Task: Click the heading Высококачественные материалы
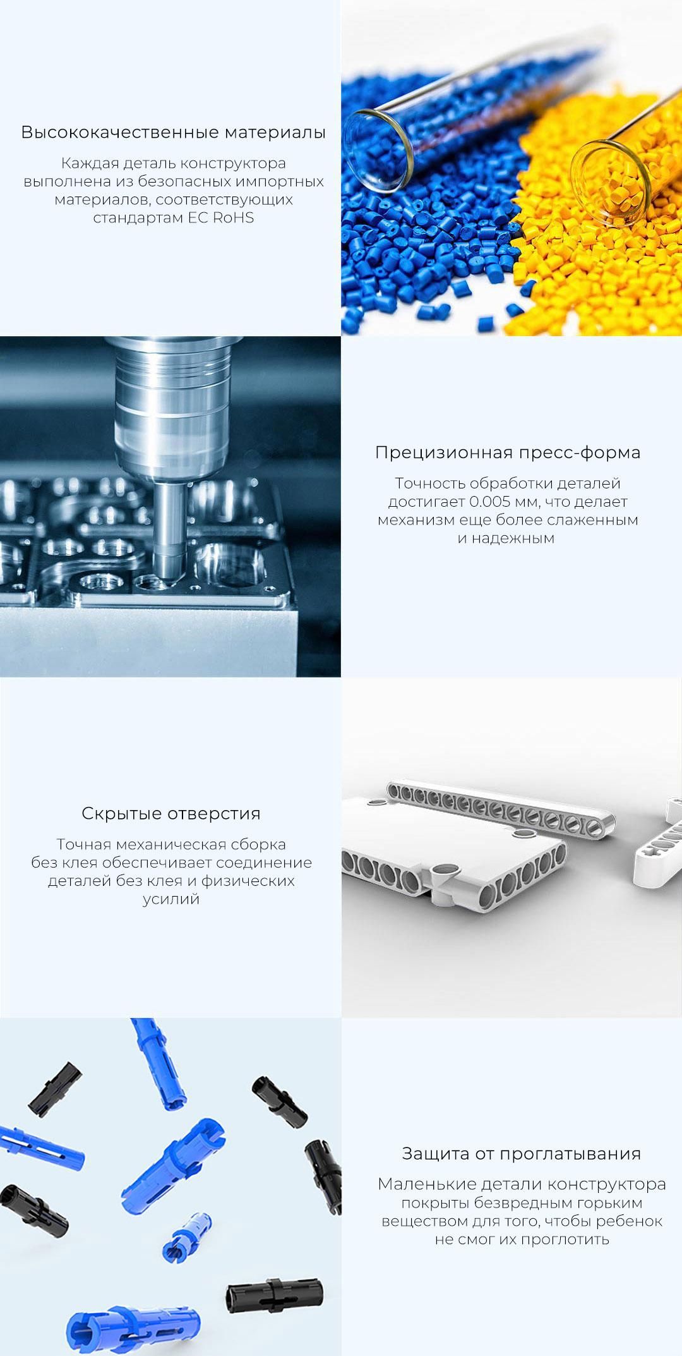[x=174, y=132]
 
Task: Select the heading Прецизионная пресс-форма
[x=508, y=452]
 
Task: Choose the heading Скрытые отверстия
[x=171, y=813]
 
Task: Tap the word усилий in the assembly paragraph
[x=171, y=899]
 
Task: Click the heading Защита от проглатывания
[x=522, y=1154]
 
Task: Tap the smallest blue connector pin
[x=187, y=1235]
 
